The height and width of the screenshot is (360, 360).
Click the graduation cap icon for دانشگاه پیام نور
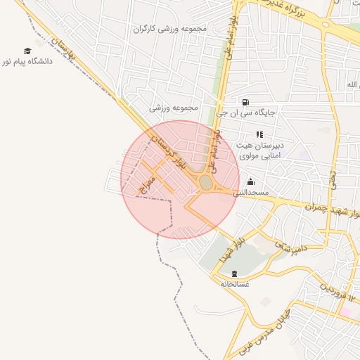click(27, 51)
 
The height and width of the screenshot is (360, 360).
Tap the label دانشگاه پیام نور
click(27, 62)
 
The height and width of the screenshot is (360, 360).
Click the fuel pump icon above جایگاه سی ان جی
click(245, 101)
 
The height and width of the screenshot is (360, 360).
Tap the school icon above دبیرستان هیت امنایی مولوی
click(259, 134)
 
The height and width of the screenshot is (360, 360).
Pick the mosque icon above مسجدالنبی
click(250, 182)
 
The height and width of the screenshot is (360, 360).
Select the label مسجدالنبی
click(255, 192)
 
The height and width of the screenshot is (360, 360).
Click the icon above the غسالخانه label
click(234, 274)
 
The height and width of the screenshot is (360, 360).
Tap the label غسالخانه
click(235, 284)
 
